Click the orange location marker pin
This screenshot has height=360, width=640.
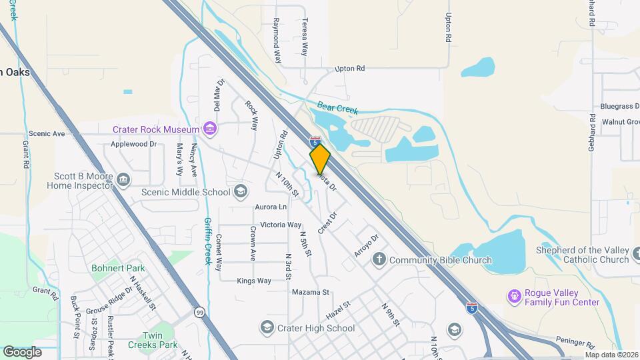320,158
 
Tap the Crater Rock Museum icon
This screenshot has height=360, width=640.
210,129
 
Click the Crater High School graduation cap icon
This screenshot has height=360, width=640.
267,327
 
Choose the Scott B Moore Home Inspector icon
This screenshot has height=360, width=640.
123,179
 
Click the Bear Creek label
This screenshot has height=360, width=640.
337,107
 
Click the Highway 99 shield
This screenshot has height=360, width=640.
199,311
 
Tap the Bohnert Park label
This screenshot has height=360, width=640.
118,268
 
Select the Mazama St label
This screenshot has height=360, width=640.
310,292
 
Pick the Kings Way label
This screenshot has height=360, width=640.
254,281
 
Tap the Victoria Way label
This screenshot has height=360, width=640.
281,225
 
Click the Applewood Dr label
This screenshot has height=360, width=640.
133,143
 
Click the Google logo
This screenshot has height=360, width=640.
22,351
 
